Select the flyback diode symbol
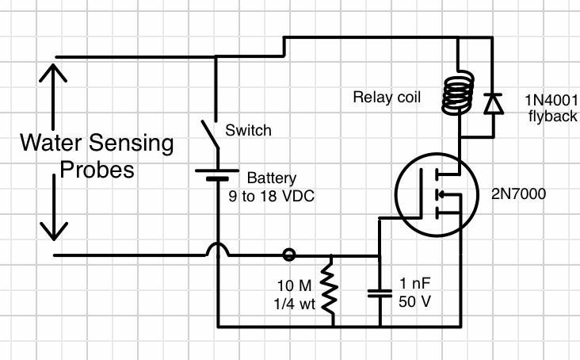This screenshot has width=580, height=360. pyautogui.click(x=493, y=103)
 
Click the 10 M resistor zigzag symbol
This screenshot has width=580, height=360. pyautogui.click(x=330, y=290)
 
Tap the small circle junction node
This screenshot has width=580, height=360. pyautogui.click(x=290, y=255)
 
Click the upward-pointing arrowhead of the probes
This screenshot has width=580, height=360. pyautogui.click(x=53, y=75)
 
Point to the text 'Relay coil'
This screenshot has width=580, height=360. pyautogui.click(x=386, y=98)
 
